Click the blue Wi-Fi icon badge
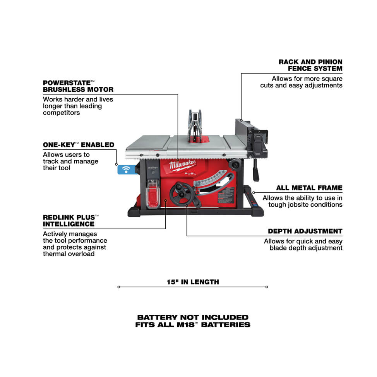click(126, 170)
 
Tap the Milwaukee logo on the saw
click(182, 165)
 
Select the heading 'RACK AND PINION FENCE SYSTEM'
click(310, 65)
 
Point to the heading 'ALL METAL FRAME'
click(309, 188)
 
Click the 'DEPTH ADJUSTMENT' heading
click(305, 231)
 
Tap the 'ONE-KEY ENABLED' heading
click(79, 145)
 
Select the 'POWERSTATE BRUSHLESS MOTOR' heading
click(78, 86)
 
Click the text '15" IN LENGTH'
click(193, 282)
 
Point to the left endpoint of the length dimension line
click(118, 287)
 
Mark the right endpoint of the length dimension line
click(267, 287)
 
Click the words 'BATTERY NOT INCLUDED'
click(193, 317)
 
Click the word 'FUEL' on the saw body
click(190, 173)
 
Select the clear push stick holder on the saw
click(153, 194)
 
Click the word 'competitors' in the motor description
click(61, 113)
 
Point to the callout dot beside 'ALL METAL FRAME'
click(254, 193)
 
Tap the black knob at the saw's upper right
click(235, 165)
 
